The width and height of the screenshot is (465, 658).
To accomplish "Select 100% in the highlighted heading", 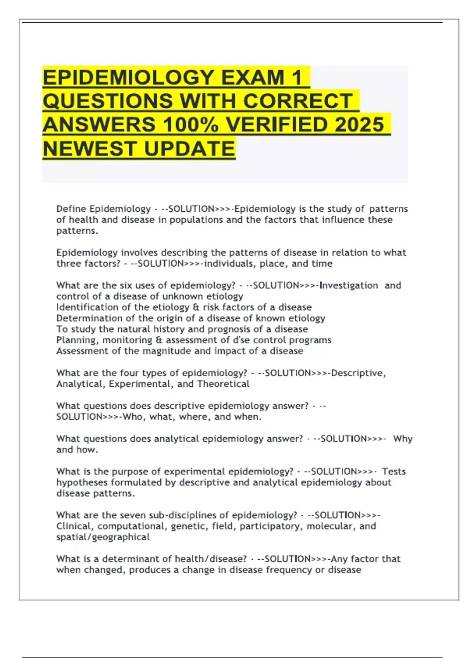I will [190, 125].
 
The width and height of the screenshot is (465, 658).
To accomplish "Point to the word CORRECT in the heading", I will [298, 101].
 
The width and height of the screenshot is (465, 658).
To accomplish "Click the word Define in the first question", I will [71, 209].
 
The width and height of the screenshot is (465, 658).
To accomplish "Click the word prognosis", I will [229, 329].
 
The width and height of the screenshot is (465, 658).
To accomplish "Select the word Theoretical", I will [223, 384].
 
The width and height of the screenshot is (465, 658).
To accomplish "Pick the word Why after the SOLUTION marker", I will [403, 439].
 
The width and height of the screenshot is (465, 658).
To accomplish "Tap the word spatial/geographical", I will [103, 537].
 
